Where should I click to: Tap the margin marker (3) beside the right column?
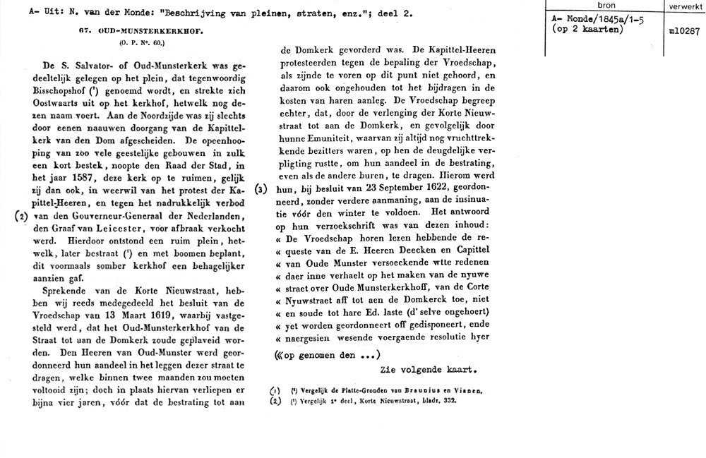tap(262, 190)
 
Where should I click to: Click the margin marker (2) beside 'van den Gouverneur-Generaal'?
tap(22, 217)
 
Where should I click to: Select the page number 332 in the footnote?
tap(449, 401)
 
